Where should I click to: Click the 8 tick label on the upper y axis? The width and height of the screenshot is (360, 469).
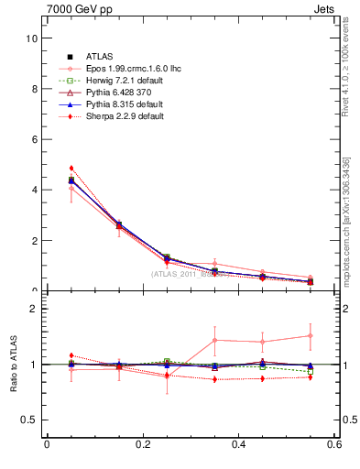pos(33,89)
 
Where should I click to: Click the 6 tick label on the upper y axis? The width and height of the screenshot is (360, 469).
pos(33,139)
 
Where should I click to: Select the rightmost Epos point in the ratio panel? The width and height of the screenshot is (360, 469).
pos(311,335)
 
